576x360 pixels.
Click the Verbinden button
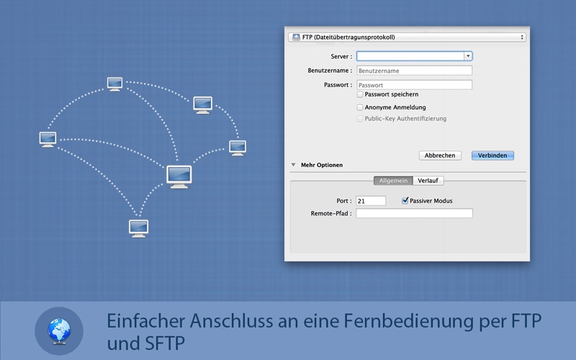tap(492, 156)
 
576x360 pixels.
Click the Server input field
tap(410, 56)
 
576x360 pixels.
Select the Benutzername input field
tap(415, 71)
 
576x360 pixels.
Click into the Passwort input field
tap(415, 85)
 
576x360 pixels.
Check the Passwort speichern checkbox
tap(360, 94)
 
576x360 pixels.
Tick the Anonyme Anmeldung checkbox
tap(360, 107)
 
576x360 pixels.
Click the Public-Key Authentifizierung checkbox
tap(360, 119)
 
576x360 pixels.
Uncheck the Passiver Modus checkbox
tap(405, 201)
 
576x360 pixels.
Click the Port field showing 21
tap(371, 201)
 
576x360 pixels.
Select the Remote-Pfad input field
tap(414, 213)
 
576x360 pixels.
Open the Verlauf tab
tap(428, 181)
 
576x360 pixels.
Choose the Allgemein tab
tap(393, 181)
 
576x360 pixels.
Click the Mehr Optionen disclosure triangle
tap(293, 165)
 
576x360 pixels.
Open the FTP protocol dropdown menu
tap(407, 37)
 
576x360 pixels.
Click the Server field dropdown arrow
tap(468, 56)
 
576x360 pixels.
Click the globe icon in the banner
tap(59, 331)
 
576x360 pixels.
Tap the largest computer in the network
tap(179, 176)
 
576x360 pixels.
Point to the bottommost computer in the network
tap(138, 228)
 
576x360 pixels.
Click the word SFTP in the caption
tap(165, 344)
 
